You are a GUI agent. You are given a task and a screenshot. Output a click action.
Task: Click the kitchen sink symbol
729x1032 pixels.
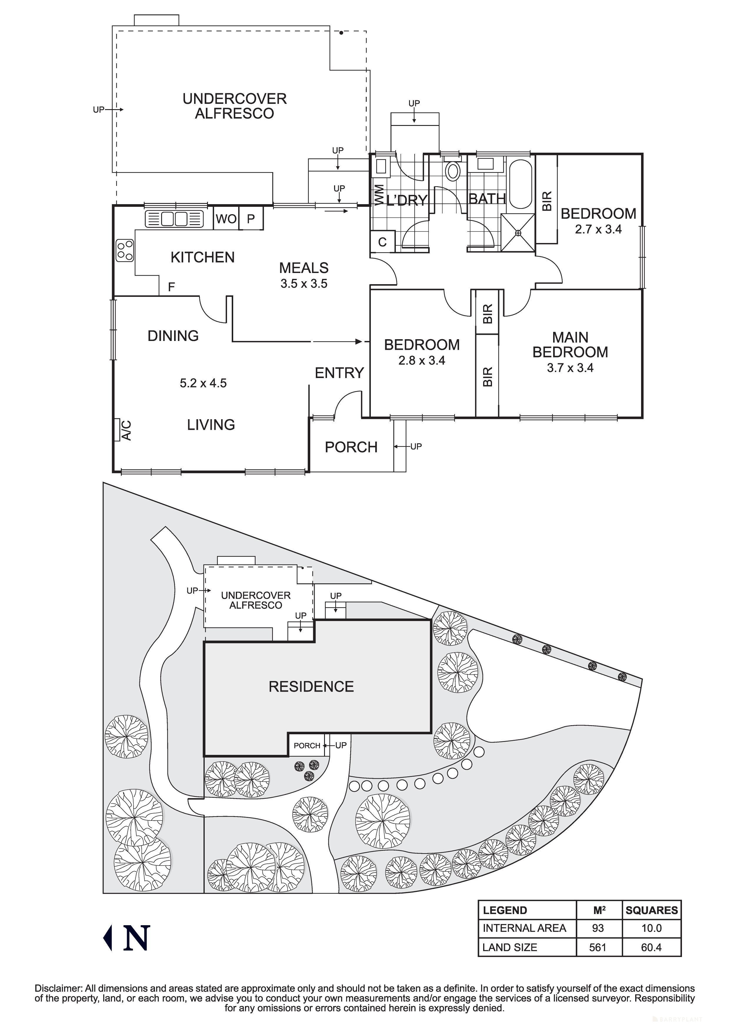point(174,219)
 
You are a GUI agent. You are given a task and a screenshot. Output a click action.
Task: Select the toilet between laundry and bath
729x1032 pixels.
point(453,172)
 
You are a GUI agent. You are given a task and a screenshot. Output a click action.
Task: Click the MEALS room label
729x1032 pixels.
point(304,268)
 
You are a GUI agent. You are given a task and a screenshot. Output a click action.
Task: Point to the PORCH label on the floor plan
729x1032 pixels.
point(351,447)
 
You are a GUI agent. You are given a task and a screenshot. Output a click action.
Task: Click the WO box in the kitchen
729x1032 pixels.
point(226,219)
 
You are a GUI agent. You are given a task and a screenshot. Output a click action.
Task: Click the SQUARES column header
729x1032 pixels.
point(651,910)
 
